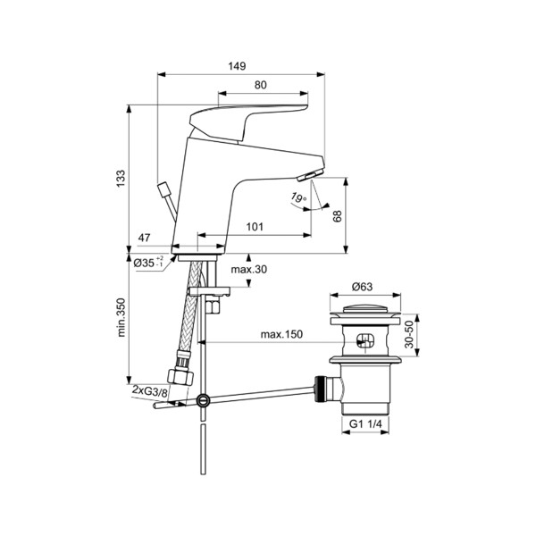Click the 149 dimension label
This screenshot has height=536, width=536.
(237, 65)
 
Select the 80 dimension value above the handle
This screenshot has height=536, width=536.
(261, 85)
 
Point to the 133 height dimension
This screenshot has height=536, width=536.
(121, 179)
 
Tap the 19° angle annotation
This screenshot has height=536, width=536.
(298, 198)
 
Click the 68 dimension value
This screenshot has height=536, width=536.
(338, 216)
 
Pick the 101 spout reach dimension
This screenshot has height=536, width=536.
(255, 227)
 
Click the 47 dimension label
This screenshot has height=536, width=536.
(144, 238)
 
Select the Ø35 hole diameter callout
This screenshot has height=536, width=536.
(148, 263)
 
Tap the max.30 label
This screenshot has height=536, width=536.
(249, 270)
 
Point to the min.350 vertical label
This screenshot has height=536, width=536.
(121, 317)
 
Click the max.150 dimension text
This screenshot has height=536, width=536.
(281, 334)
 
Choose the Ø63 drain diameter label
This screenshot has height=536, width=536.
(363, 287)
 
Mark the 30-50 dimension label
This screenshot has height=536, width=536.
(409, 335)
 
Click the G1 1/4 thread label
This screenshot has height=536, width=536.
(365, 423)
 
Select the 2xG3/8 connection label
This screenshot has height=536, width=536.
(150, 391)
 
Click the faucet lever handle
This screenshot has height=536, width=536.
(248, 122)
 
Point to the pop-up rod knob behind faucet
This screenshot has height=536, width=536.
(163, 189)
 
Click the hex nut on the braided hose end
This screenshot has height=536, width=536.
(180, 377)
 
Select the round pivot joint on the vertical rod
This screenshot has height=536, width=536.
(204, 399)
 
